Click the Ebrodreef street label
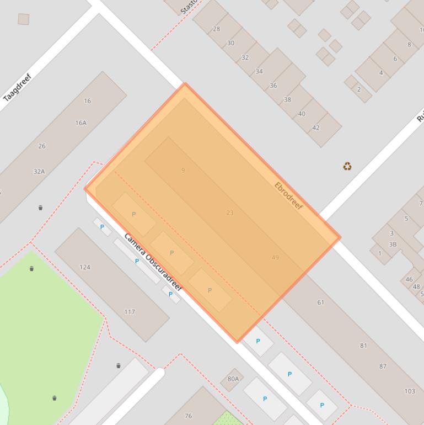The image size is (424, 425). (288, 195)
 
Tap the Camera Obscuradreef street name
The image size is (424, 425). (153, 262)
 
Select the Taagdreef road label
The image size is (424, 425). (18, 88)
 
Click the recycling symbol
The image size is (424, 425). (347, 166)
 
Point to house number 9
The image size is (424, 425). (183, 171)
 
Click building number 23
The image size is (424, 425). (230, 212)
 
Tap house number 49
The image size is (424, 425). (275, 257)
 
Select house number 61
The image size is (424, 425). (321, 302)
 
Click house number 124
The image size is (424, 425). (85, 267)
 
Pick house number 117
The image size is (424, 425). (130, 312)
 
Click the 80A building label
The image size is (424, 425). (233, 379)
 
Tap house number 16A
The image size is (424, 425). (81, 123)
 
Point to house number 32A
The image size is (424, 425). (39, 172)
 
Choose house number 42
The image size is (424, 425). (316, 127)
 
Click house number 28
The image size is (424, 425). (216, 29)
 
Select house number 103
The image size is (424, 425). (410, 391)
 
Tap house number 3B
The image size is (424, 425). (393, 245)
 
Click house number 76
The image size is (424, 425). (188, 416)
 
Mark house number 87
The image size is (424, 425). (383, 366)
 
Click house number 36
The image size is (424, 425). (273, 86)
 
